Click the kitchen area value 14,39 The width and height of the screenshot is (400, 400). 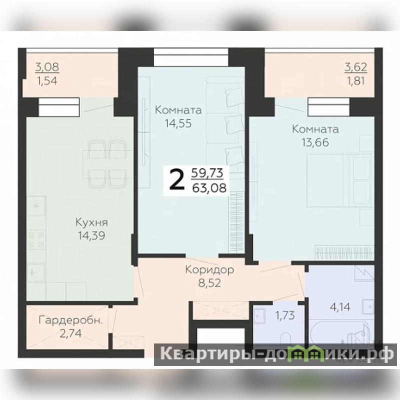point(91,235)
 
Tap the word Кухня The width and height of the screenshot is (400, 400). point(92,222)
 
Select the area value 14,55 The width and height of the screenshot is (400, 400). point(178,123)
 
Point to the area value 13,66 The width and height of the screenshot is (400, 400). point(315,142)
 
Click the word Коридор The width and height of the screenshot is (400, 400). point(209,270)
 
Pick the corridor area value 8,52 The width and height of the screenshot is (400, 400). point(209,283)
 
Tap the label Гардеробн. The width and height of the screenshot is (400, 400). point(70,320)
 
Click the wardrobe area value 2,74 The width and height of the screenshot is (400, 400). point(70,333)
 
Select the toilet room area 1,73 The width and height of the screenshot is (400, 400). point(285,315)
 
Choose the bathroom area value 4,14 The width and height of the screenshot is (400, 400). point(340,307)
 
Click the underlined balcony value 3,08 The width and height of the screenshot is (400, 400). point(47,67)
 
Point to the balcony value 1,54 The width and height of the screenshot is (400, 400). point(47,81)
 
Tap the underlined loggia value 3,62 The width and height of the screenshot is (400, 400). point(356,67)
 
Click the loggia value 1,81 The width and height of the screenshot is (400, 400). point(356,81)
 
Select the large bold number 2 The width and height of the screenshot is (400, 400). point(177,180)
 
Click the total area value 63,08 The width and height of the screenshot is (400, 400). point(209,188)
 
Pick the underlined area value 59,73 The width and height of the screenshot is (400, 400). point(207,173)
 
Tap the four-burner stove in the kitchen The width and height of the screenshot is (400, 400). point(36,239)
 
